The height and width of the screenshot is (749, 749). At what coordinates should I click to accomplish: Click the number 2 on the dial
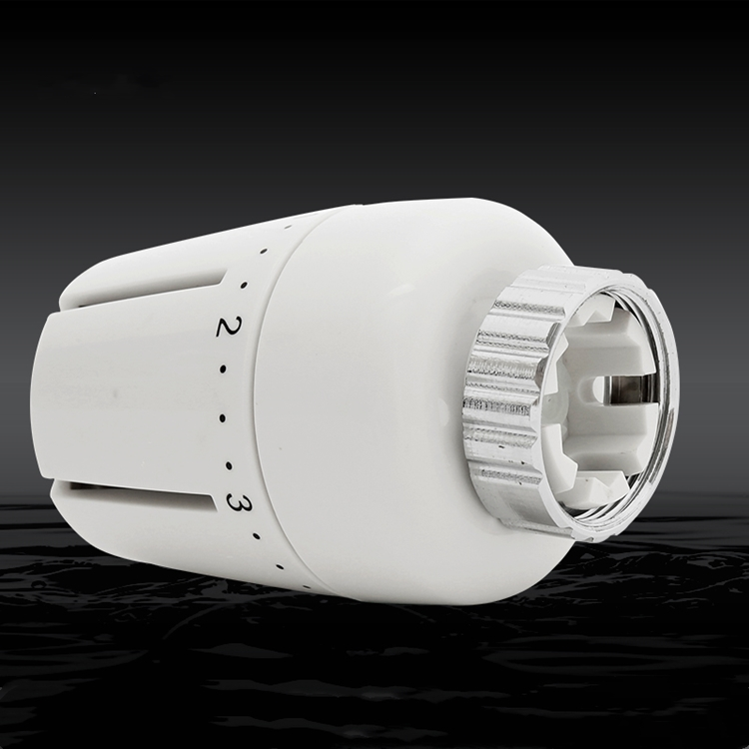[230, 327]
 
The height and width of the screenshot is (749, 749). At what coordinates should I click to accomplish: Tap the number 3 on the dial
[239, 502]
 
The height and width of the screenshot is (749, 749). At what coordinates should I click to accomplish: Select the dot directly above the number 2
[243, 286]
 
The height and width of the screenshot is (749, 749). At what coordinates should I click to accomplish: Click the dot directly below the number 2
[223, 369]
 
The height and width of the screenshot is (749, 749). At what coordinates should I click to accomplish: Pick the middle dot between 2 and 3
[223, 418]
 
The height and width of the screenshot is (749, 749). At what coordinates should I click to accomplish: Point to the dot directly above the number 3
[229, 465]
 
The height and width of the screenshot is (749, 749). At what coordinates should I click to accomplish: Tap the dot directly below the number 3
[257, 536]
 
